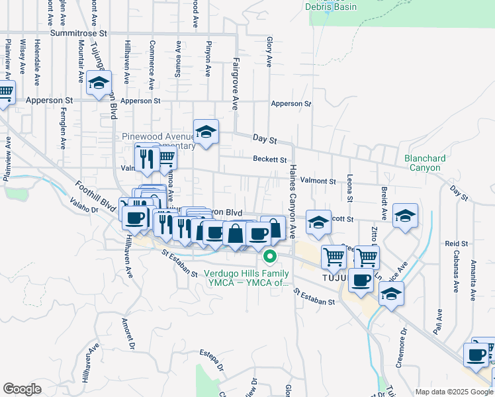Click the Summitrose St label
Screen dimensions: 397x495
(x=78, y=32)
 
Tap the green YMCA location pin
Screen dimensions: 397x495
(x=270, y=256)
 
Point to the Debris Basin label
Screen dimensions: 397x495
(x=331, y=7)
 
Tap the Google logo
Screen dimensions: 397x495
(x=22, y=389)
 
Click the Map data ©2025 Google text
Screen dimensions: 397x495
(x=453, y=392)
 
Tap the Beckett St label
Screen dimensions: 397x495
(x=270, y=159)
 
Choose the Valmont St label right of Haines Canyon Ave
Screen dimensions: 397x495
(x=318, y=181)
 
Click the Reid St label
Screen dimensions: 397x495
(x=457, y=243)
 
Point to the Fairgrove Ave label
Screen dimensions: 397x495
(x=234, y=83)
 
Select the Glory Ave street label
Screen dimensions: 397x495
(x=269, y=52)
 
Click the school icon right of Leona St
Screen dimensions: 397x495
(x=405, y=215)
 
